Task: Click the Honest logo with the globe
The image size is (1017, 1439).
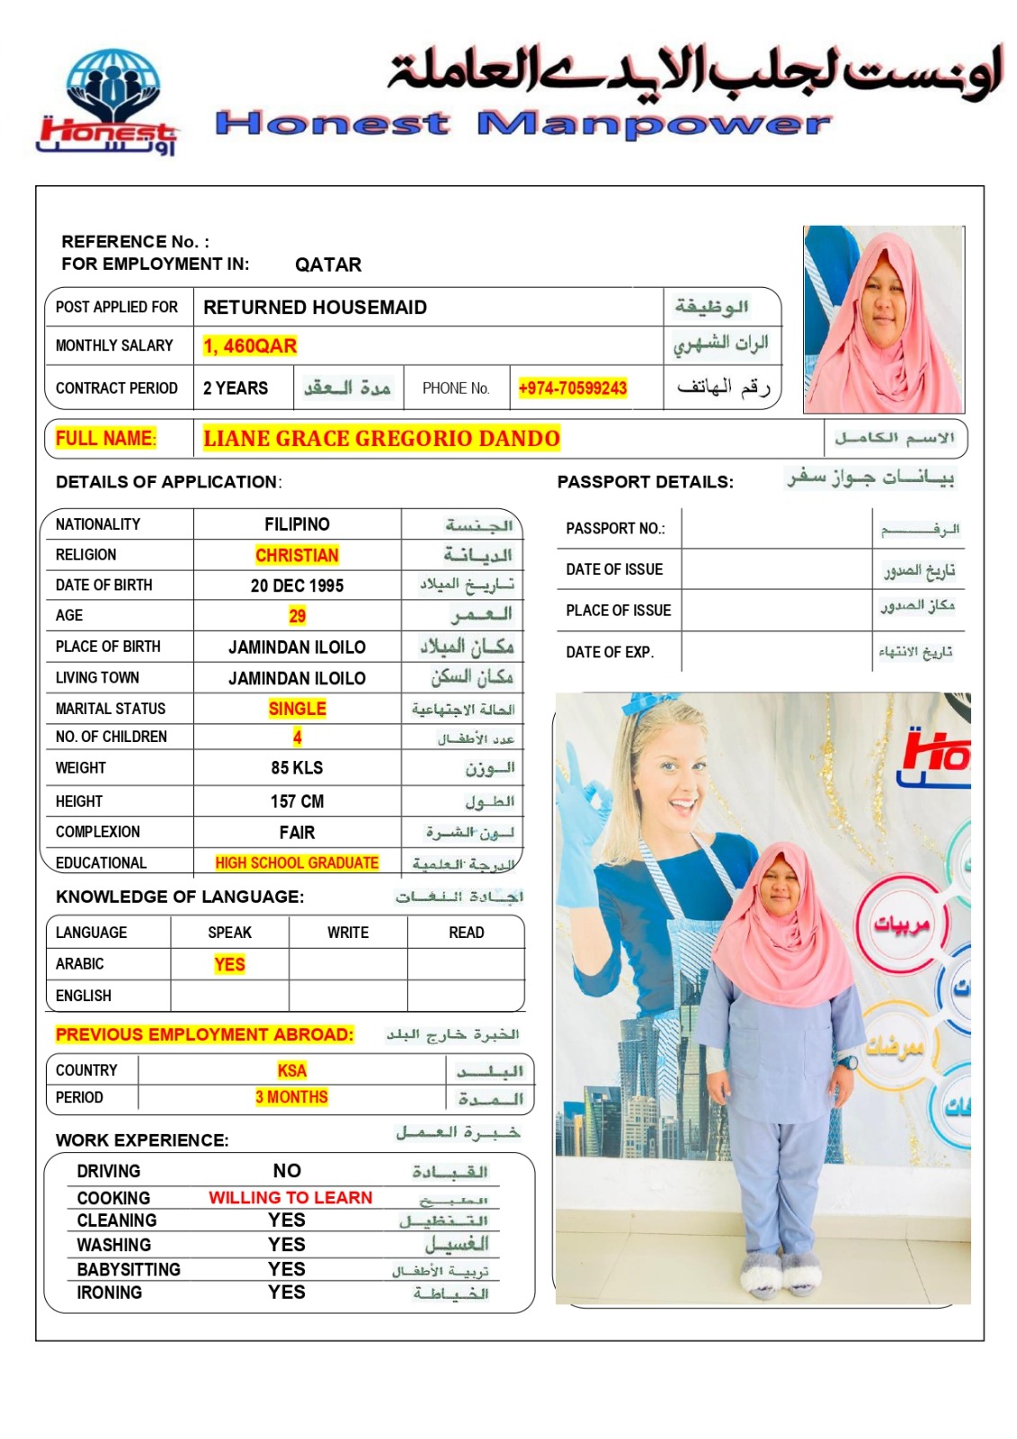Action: coord(109,102)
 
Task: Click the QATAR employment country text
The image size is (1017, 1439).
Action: coord(327,264)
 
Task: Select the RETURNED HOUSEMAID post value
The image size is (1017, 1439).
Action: coord(315,308)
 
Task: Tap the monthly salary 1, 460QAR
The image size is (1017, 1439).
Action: coord(250,346)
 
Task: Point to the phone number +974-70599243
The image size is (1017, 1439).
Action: coord(572,389)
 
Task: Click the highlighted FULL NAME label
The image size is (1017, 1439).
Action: coord(105,439)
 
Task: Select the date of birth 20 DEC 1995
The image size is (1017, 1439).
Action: coord(297,585)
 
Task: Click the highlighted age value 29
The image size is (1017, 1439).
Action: coord(297,616)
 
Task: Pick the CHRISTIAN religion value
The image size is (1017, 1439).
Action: coord(297,555)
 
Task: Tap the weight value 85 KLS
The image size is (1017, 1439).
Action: coord(297,768)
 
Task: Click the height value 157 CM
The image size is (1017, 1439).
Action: coord(297,801)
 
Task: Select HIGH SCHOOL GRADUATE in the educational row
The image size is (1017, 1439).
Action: coord(297,863)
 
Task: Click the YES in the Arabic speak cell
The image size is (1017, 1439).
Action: coord(229,964)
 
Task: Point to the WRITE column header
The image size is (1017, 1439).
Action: coord(348,933)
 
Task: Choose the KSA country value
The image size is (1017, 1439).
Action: coord(291,1070)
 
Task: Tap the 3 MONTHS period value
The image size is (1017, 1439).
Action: coord(291,1097)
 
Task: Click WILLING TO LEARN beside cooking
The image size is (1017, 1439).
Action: coord(290,1198)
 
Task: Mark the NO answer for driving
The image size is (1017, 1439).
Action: coord(287,1171)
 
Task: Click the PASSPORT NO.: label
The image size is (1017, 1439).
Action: coord(615,529)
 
